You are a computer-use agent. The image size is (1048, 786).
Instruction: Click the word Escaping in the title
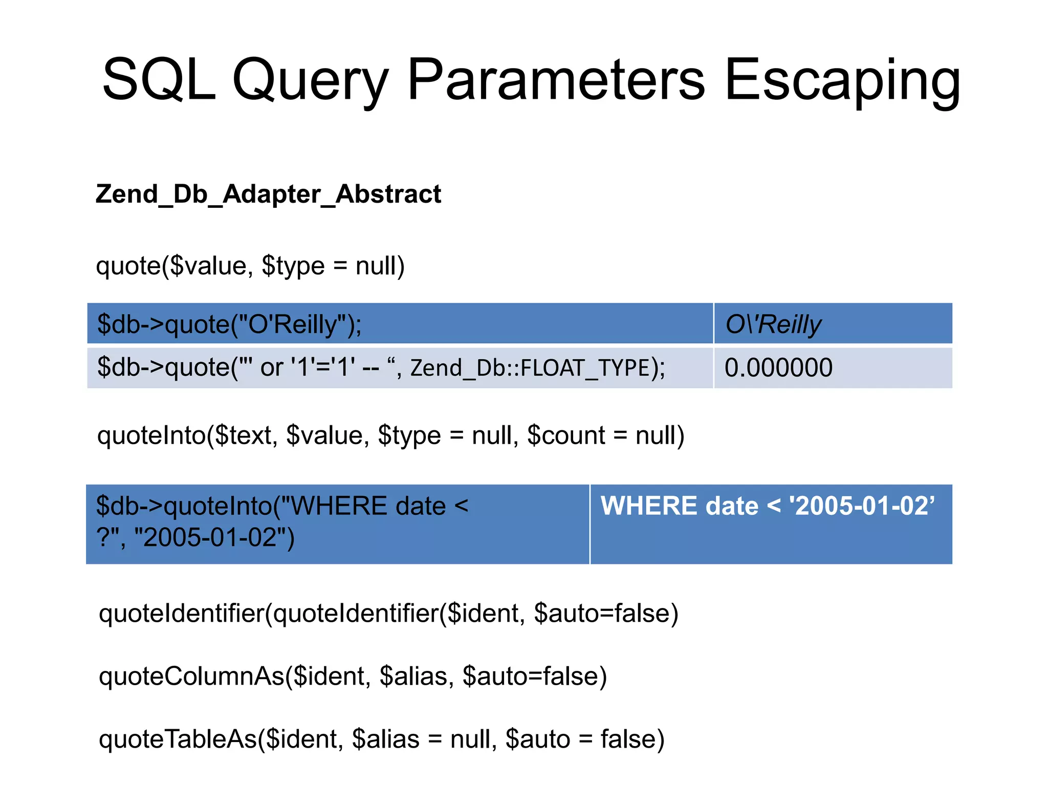point(842,81)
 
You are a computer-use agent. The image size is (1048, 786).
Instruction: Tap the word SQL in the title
point(159,81)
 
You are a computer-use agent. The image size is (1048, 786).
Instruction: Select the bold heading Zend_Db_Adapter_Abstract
point(268,194)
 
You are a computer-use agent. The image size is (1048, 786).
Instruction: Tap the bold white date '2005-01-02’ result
point(862,506)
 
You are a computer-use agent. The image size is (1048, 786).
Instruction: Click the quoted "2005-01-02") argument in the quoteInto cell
point(214,538)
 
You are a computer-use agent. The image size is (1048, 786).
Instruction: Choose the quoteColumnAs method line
point(353,676)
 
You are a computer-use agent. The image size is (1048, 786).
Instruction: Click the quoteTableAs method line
point(381,739)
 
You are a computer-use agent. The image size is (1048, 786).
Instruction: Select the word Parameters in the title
point(556,81)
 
